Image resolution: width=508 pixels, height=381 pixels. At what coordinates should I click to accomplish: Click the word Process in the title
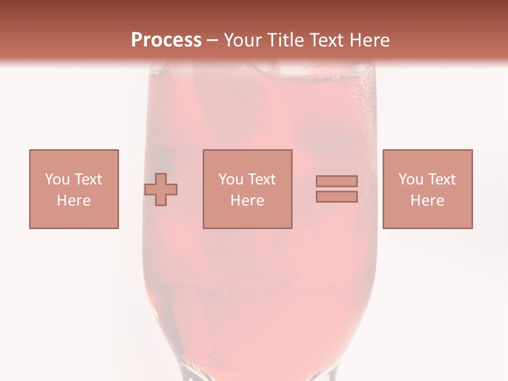[x=166, y=40]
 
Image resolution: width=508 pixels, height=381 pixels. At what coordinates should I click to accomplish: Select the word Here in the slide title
[x=370, y=40]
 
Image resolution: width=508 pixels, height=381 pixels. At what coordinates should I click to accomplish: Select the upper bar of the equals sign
[x=337, y=181]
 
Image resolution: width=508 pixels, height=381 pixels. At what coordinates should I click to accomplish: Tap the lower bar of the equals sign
[x=337, y=197]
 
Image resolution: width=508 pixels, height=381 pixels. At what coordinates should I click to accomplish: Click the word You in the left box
[x=57, y=179]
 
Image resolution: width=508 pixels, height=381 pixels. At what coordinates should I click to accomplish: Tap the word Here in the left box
[x=74, y=201]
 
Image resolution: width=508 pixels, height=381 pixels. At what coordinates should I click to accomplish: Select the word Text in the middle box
[x=261, y=179]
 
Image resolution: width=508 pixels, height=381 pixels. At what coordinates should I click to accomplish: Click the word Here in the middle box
[x=248, y=201]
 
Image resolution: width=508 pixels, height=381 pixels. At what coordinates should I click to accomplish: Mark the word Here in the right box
[x=428, y=201]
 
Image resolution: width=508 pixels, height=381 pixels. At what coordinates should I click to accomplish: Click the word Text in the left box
[x=88, y=179]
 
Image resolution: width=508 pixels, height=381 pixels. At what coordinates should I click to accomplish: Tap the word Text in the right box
[x=441, y=179]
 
